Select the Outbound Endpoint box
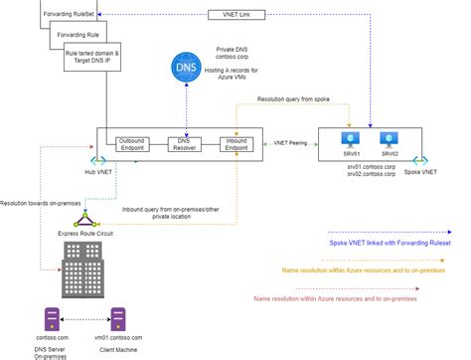pos(136,146)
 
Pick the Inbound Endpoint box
pos(235,146)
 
